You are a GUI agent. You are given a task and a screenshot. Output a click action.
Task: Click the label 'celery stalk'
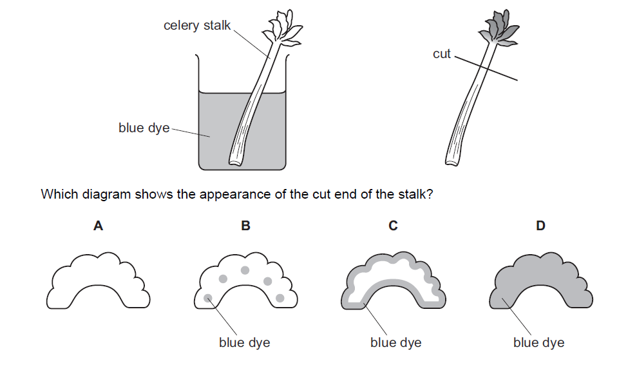coord(196,26)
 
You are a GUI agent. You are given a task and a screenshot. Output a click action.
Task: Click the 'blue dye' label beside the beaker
coord(144,128)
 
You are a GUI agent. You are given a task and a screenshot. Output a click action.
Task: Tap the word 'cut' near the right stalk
coord(441,54)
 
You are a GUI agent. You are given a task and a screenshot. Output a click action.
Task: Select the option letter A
coord(98,226)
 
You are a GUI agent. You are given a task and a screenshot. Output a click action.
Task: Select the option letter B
coord(245,226)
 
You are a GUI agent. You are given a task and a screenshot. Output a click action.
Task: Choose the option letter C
coord(393,226)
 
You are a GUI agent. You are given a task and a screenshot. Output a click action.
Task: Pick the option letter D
coord(540,226)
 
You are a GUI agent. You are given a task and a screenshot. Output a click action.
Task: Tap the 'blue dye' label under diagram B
coord(244,342)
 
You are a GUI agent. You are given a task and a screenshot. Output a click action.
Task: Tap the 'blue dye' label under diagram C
coord(395,342)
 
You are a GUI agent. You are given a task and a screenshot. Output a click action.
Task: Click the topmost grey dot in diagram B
coord(245,270)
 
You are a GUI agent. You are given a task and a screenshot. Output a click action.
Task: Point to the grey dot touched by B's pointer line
coord(208,299)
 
